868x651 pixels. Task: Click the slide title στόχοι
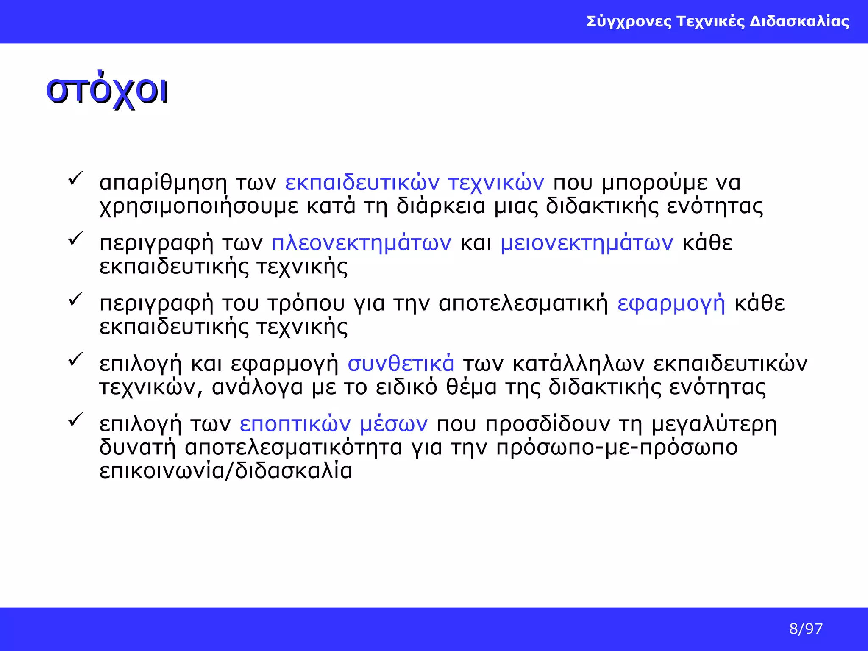pos(107,90)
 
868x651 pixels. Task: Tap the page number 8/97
pos(806,629)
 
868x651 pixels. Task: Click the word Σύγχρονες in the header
pos(629,21)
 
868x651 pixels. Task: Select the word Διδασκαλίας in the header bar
pos(799,21)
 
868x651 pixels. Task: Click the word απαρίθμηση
pos(163,183)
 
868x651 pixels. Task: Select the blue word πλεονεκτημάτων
pos(362,243)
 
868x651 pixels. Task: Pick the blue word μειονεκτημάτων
pos(587,243)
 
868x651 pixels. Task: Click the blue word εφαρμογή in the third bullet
pos(671,304)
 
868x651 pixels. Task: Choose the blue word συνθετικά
pos(401,364)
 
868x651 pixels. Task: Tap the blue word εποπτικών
pos(295,424)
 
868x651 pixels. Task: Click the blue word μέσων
pos(394,424)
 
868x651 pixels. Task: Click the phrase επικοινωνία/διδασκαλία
pos(226,471)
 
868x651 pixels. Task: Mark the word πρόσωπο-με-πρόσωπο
pos(617,448)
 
